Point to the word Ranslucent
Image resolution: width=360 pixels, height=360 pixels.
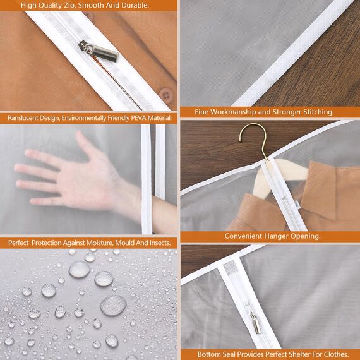coord(25,118)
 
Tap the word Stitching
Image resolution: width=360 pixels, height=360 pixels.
coord(316,112)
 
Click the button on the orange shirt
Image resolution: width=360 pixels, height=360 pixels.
coord(166,95)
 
